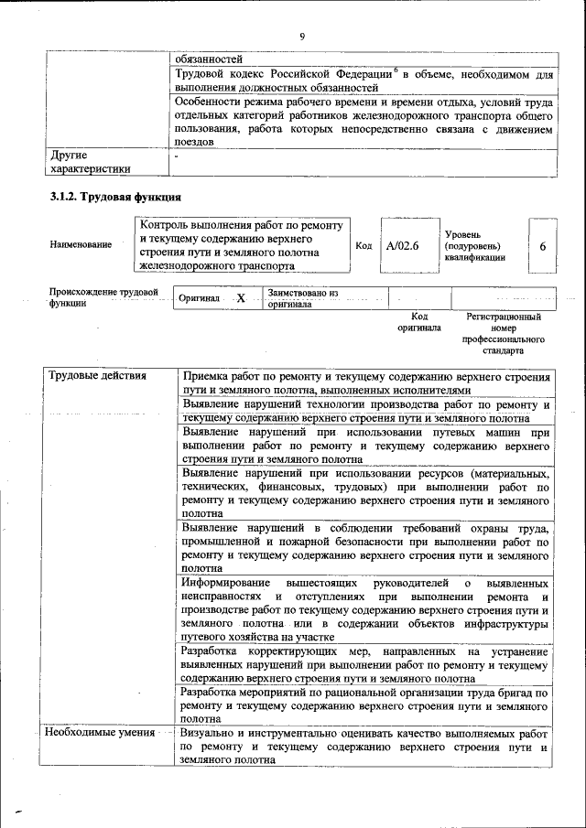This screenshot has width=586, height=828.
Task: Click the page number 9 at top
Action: [x=300, y=36]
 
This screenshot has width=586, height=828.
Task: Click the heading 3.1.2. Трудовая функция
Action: [x=115, y=198]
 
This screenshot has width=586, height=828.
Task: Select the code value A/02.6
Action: [x=402, y=245]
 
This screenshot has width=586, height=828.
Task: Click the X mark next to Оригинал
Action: [x=241, y=299]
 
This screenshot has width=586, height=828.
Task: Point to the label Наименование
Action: [x=81, y=244]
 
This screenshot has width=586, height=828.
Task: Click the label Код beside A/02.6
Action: [x=363, y=245]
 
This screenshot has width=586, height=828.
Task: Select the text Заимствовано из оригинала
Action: [x=303, y=299]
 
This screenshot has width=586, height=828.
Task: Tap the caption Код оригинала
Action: [x=418, y=322]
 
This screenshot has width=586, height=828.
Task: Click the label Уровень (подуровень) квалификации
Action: [x=473, y=246]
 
